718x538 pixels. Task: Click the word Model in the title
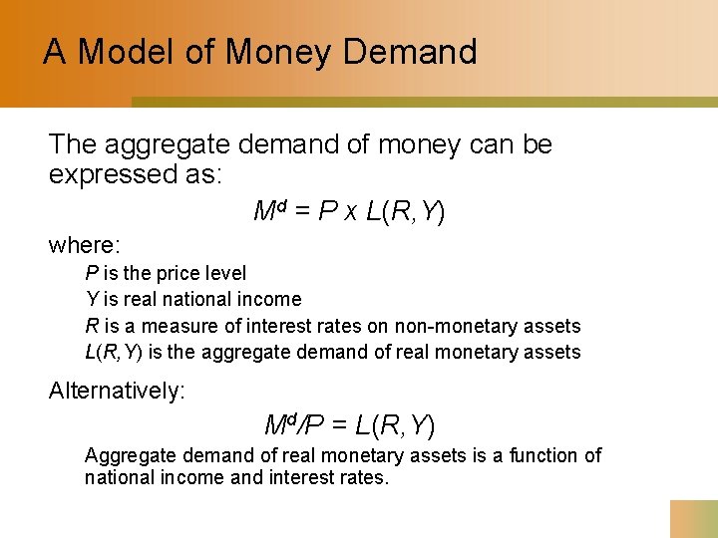(129, 52)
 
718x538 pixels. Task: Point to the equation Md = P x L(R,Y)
(349, 211)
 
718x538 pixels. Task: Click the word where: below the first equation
(85, 244)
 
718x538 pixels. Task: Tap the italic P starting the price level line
(91, 273)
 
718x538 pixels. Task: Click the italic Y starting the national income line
(91, 299)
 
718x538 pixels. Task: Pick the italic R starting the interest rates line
(91, 326)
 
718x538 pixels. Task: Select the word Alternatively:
(117, 391)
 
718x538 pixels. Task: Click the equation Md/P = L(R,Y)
(349, 426)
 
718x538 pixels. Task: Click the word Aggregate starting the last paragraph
(131, 455)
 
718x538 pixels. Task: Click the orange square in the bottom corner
(693, 518)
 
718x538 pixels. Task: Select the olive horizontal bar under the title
(424, 102)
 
